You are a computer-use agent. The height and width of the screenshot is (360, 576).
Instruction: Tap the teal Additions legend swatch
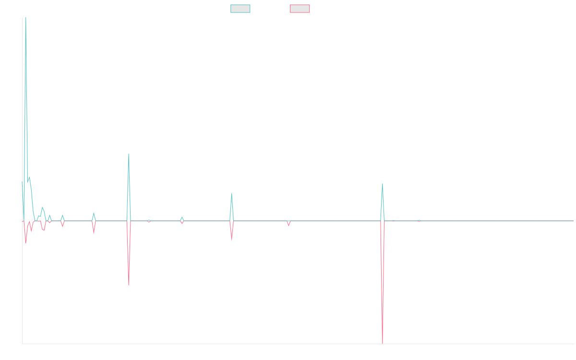240,9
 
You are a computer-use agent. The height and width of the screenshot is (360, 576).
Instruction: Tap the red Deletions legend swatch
300,9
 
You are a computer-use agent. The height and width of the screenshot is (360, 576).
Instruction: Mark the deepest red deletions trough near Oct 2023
383,343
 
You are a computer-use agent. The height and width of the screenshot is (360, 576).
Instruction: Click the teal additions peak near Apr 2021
129,154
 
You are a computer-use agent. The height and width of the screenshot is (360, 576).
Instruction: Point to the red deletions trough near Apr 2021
129,286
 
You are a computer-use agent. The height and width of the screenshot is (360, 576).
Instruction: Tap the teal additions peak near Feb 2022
232,193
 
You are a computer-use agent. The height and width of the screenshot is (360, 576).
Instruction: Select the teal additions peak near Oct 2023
382,184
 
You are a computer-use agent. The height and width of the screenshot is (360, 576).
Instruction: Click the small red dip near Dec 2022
288,226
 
